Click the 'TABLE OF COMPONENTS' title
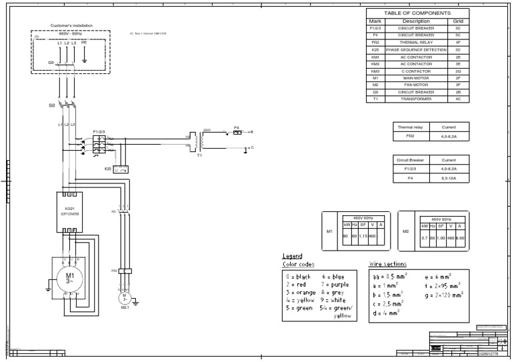tap(417, 13)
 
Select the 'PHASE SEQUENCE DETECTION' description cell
tap(416, 50)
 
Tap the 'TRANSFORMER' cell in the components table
tap(416, 99)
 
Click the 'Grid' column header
tap(458, 21)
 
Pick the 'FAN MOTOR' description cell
tap(416, 85)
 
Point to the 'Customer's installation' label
tap(71, 26)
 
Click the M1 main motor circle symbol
tap(69, 277)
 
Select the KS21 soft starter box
tap(69, 212)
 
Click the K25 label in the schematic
tap(108, 169)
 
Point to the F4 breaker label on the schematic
tap(236, 127)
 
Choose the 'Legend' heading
tap(292, 256)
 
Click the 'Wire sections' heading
tap(387, 264)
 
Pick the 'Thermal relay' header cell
tap(410, 127)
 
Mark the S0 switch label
tap(51, 105)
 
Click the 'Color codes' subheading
tap(298, 264)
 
